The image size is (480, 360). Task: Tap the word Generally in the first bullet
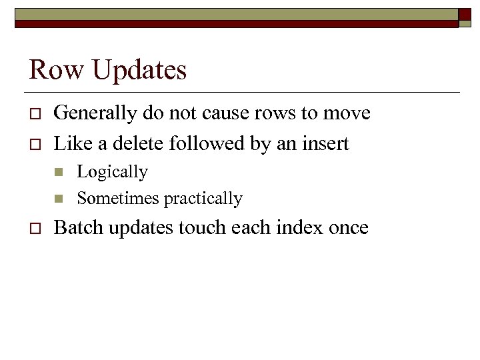97,114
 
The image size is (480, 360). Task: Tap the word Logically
112,173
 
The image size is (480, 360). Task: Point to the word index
298,228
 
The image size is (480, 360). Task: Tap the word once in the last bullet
348,228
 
